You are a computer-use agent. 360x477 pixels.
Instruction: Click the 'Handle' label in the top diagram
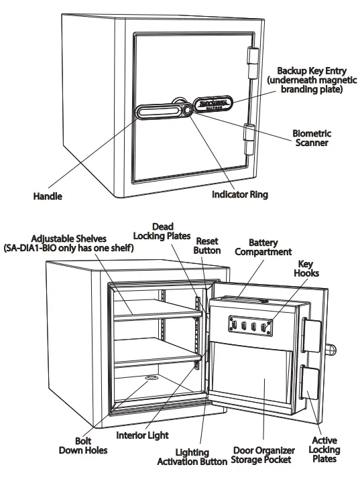48,196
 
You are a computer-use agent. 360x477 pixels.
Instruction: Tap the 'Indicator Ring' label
239,195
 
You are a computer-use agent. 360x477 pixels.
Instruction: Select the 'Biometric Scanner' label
312,138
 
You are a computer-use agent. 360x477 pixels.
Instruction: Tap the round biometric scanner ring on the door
183,108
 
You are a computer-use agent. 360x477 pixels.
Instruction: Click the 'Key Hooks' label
308,269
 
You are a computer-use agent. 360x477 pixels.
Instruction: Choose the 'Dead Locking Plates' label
162,231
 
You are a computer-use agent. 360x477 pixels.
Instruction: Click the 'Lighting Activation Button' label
192,458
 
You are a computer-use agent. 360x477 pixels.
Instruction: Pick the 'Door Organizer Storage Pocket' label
261,455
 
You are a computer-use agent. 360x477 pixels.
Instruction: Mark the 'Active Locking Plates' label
324,450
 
